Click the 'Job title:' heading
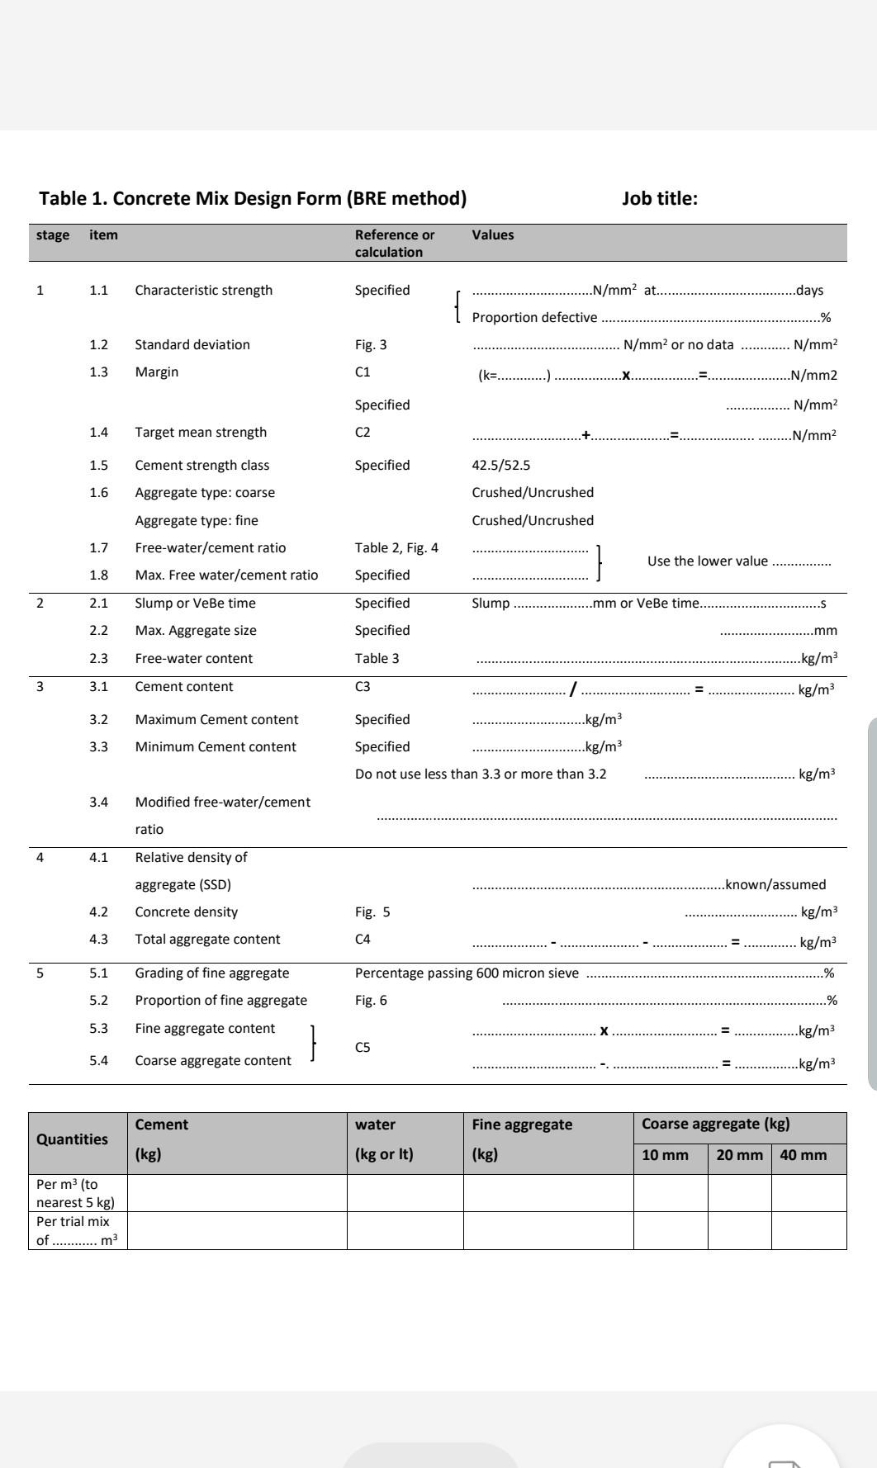coord(659,198)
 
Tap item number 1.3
coord(98,372)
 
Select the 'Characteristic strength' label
coord(203,291)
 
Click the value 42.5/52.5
coord(500,466)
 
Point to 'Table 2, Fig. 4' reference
coord(396,548)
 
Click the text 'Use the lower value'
coord(707,561)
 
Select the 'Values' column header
coord(492,235)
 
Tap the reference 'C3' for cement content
coord(363,687)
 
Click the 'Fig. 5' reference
coord(372,912)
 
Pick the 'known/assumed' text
coord(775,885)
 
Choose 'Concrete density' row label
coord(186,912)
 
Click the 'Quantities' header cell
coord(72,1139)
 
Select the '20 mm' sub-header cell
coord(739,1155)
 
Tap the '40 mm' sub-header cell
coord(803,1155)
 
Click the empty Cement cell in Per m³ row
coord(237,1193)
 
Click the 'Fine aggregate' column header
coord(522,1125)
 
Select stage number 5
coord(40,973)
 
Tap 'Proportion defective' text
coord(534,318)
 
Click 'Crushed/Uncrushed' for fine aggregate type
coord(533,521)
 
